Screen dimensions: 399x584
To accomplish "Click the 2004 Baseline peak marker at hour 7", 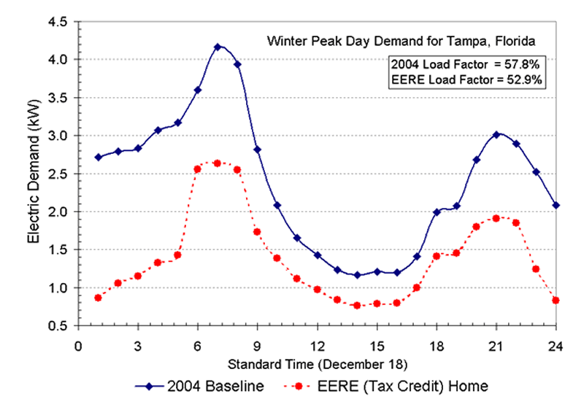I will click(x=218, y=47).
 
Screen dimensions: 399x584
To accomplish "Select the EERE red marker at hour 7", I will click(x=218, y=163).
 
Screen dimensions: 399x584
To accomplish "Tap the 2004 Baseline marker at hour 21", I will click(x=496, y=134).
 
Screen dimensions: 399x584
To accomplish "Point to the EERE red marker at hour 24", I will click(x=556, y=301).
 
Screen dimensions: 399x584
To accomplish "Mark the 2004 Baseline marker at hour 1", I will click(x=98, y=157).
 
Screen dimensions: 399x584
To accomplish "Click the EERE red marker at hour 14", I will click(x=357, y=306).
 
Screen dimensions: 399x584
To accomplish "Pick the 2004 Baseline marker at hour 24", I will click(x=556, y=205).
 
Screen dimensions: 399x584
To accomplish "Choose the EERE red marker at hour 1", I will click(x=98, y=298).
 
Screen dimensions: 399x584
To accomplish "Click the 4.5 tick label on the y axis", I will click(x=58, y=22).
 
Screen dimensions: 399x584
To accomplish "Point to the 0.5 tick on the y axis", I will click(x=58, y=326).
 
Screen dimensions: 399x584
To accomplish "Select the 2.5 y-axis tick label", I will click(x=58, y=174).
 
